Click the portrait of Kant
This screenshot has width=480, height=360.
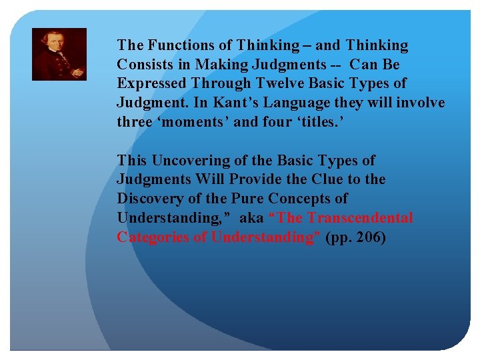coord(59,54)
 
